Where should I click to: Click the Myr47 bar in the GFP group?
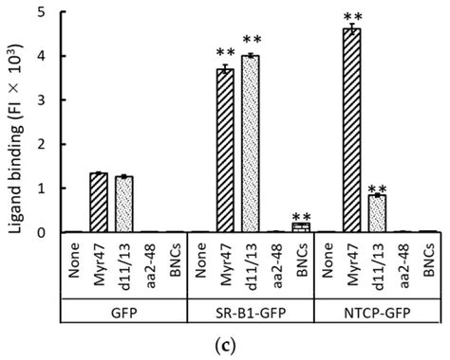point(98,203)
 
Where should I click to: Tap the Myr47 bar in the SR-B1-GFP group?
point(223,151)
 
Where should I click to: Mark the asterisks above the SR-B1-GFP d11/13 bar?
point(250,41)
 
